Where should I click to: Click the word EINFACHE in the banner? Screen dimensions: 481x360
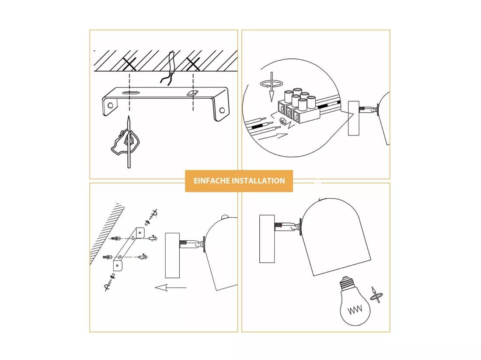211,181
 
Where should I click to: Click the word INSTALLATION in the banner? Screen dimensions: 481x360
258,181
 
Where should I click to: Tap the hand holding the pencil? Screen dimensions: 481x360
125,142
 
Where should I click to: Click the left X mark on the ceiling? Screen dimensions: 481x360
129,64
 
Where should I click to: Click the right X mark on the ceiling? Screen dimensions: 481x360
193,64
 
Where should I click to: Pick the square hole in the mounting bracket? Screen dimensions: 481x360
192,93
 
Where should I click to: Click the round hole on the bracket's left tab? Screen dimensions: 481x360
111,105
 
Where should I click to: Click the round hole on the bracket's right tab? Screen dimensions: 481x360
222,110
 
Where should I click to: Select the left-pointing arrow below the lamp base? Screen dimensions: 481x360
171,287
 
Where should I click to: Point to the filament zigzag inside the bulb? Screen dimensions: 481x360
355,310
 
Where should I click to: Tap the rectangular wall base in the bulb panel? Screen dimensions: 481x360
267,239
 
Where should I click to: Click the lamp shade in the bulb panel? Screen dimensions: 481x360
335,236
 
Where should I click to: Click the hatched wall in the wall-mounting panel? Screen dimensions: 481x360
106,232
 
